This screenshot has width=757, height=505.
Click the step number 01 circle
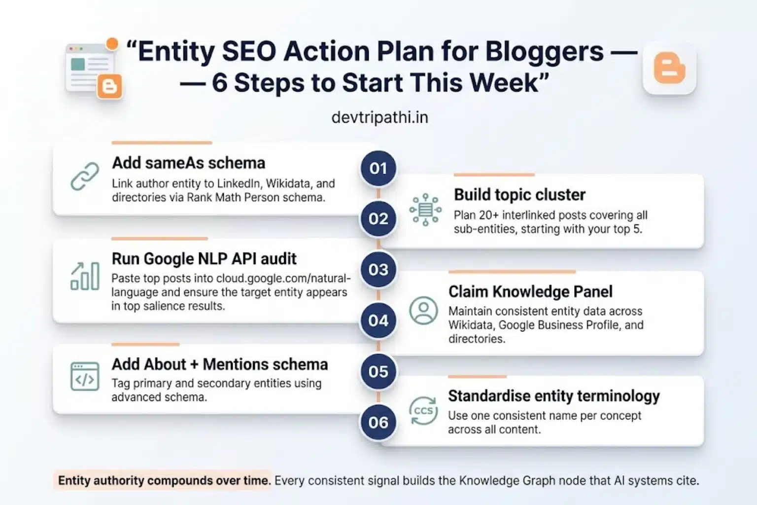(x=378, y=168)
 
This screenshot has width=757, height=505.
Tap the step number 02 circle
(x=378, y=218)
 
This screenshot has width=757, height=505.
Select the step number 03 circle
(x=378, y=269)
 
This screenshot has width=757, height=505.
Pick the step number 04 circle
(x=378, y=321)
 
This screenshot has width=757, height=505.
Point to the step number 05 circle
(x=378, y=371)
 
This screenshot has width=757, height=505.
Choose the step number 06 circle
(x=378, y=422)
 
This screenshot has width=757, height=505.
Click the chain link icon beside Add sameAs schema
(x=85, y=176)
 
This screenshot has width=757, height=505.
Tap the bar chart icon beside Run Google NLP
(x=85, y=276)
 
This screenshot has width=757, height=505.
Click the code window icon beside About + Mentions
(x=85, y=377)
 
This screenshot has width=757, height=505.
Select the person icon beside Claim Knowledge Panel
(x=423, y=310)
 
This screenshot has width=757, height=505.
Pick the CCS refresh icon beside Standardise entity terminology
(x=423, y=411)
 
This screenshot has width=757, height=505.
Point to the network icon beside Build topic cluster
(x=425, y=210)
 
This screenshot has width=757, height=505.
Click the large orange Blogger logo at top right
(x=669, y=68)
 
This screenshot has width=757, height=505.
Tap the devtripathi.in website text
(x=379, y=117)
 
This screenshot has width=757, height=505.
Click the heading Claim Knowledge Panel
(x=530, y=291)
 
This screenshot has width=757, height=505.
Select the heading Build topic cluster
(x=519, y=195)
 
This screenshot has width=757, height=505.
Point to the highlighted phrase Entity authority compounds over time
(x=164, y=480)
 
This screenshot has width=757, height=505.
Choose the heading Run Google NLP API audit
(x=204, y=258)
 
